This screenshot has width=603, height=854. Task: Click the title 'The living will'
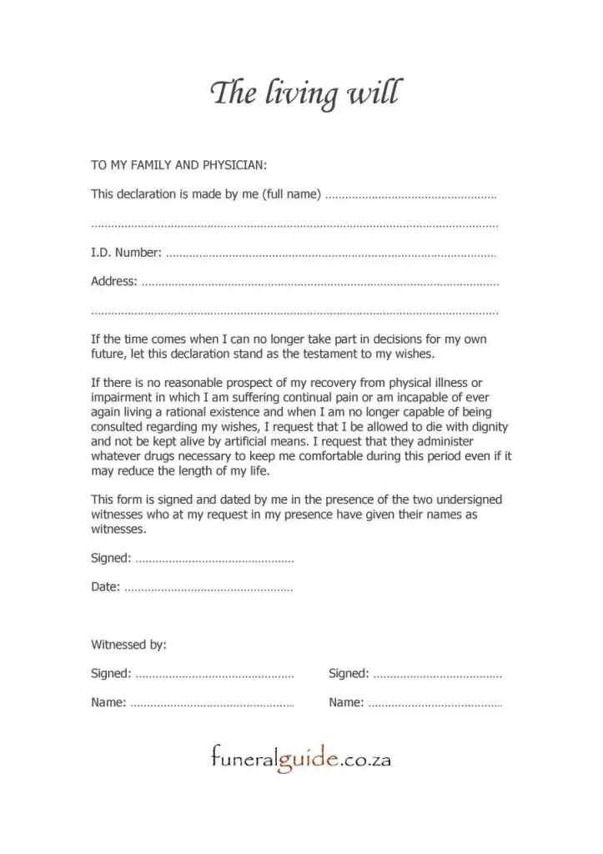pos(304,93)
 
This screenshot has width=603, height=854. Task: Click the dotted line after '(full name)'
pos(410,197)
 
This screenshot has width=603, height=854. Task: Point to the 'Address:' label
pos(114,281)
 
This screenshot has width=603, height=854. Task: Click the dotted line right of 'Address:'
pos(320,284)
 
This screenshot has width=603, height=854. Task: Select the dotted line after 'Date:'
pos(209,589)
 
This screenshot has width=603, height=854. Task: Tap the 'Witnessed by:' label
pos(128,645)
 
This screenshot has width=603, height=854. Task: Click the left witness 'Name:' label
pos(108,702)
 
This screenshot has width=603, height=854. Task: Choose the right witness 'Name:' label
pos(346,702)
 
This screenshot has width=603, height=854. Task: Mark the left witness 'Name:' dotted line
pos(212,705)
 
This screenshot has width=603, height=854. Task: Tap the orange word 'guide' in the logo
pos(307,760)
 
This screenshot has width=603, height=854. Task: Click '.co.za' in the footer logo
pos(365,760)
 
